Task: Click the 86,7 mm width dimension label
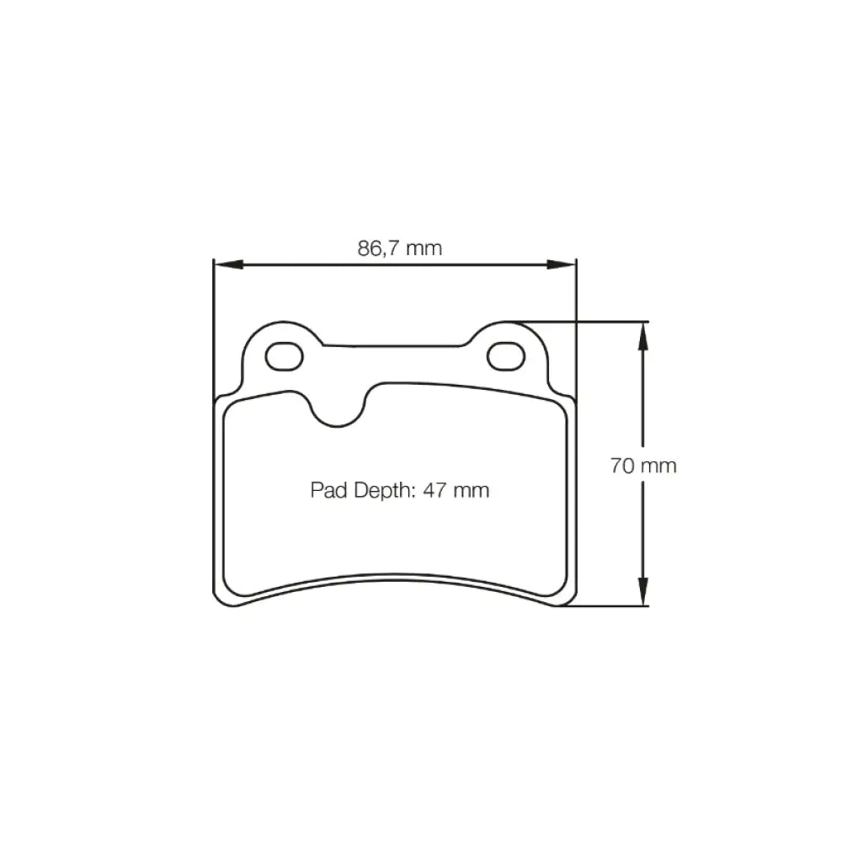(400, 248)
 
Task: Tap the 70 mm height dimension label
(643, 466)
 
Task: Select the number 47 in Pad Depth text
(434, 490)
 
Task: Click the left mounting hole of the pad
(284, 357)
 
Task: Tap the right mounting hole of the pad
(505, 357)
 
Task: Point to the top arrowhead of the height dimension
(643, 332)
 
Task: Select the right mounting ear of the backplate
(509, 354)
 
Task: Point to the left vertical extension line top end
(213, 260)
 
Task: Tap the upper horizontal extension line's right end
(648, 321)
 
